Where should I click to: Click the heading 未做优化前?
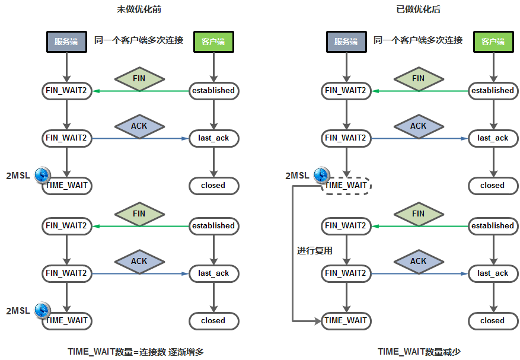point(139,9)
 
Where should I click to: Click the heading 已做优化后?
point(418,9)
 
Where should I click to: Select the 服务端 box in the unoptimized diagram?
point(66,42)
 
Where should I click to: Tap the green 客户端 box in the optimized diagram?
point(492,42)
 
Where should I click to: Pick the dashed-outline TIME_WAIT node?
point(346,186)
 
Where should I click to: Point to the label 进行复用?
point(315,251)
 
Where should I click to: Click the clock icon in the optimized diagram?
point(321,175)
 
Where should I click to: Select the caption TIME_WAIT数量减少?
point(419,352)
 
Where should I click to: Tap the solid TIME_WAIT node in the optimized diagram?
point(346,321)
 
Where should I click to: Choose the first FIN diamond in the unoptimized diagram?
point(139,78)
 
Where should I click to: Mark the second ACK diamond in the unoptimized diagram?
point(139,261)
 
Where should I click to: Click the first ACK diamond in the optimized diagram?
point(418,126)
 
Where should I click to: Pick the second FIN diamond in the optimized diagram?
point(418,214)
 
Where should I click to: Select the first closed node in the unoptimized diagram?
point(213,186)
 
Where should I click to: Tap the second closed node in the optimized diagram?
point(492,321)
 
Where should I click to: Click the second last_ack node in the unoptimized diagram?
point(213,273)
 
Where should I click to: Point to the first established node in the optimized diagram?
point(492,91)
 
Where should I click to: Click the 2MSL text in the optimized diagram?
point(297,176)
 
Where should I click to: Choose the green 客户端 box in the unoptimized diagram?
point(213,42)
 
